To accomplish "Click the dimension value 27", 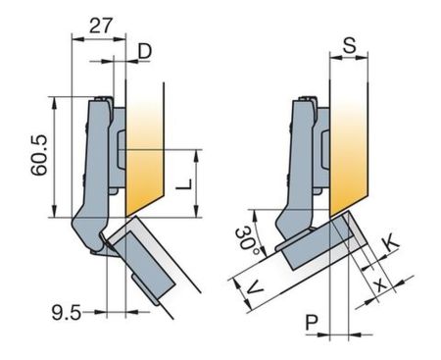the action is (x=101, y=26).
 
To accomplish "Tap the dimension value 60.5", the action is (x=39, y=155).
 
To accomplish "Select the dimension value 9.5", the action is (x=67, y=313).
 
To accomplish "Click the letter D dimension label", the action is (x=145, y=51).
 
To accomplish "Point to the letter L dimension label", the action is (x=184, y=184).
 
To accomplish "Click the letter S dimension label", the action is (x=350, y=45).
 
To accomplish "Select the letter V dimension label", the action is (x=254, y=288).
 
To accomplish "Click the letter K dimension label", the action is (x=391, y=242).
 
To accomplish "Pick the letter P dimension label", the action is (x=312, y=322).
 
